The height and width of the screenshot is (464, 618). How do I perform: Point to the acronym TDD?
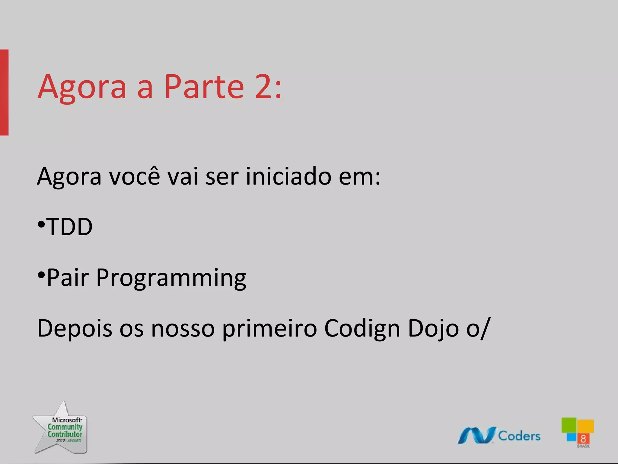click(x=70, y=227)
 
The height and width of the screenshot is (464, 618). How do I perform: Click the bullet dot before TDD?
click(x=41, y=224)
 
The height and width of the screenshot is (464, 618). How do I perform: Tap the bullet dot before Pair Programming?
click(x=41, y=275)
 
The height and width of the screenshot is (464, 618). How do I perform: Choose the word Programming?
click(x=171, y=278)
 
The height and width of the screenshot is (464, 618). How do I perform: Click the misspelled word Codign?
click(x=362, y=329)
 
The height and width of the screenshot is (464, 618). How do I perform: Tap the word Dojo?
click(x=433, y=329)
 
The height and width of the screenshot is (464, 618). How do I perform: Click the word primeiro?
click(x=269, y=329)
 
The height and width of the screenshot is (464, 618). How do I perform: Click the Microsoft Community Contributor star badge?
click(x=62, y=429)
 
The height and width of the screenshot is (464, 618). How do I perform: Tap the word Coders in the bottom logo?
click(x=519, y=436)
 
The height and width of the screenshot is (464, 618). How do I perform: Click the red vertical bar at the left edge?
click(x=4, y=92)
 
